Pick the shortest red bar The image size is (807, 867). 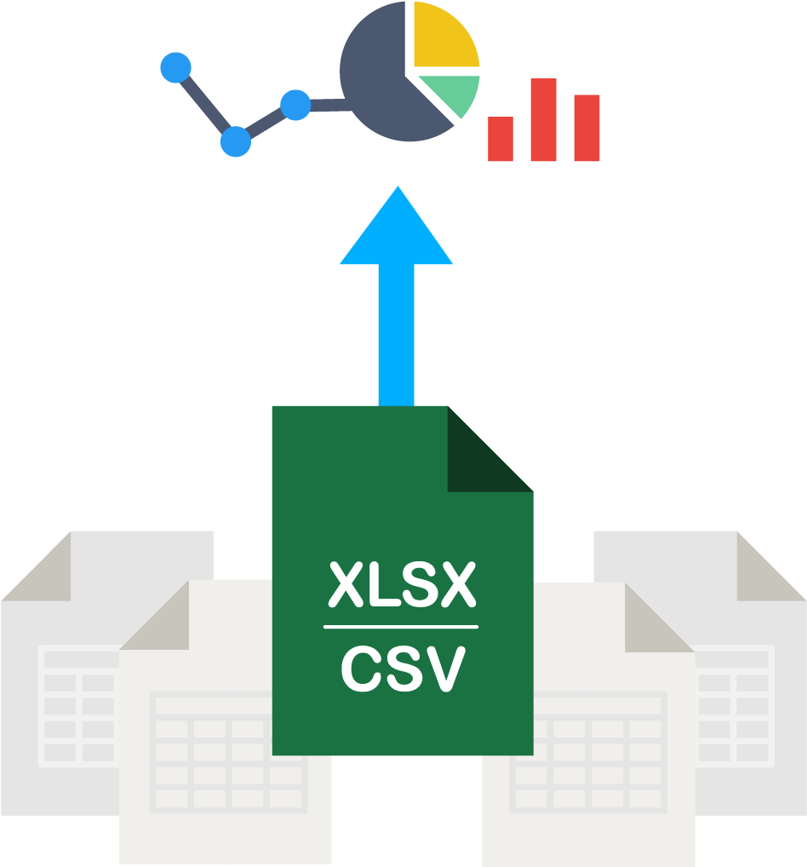click(501, 139)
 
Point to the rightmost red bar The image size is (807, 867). click(587, 128)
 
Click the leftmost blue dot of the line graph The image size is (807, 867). click(176, 68)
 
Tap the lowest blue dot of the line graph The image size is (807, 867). click(236, 141)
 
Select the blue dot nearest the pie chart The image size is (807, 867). click(295, 105)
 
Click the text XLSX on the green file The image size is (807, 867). click(401, 585)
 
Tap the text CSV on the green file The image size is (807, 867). click(403, 669)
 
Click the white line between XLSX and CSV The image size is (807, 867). click(401, 627)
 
